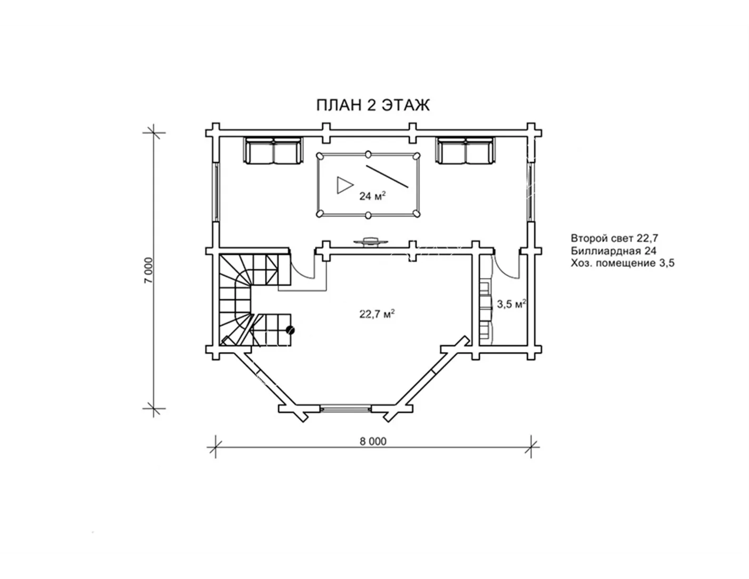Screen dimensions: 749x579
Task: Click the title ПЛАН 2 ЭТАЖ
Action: pyautogui.click(x=373, y=105)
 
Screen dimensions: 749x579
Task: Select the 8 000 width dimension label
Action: pyautogui.click(x=373, y=441)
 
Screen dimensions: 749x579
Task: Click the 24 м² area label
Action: pyautogui.click(x=372, y=196)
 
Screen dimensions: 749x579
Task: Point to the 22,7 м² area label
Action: pyautogui.click(x=377, y=314)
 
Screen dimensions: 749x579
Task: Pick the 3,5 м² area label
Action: pyautogui.click(x=511, y=304)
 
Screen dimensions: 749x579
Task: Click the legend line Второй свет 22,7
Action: pyautogui.click(x=615, y=238)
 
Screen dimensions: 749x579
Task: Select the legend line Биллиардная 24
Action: pyautogui.click(x=613, y=251)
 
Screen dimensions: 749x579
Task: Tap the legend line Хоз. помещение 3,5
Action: pyautogui.click(x=623, y=264)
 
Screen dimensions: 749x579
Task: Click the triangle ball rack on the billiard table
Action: pyautogui.click(x=344, y=185)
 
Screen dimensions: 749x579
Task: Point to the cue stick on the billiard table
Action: pyautogui.click(x=387, y=176)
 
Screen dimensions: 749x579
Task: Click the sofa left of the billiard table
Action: pyautogui.click(x=273, y=151)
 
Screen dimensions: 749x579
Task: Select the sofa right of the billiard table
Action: pyautogui.click(x=466, y=151)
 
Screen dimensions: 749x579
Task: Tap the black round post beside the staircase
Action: pyautogui.click(x=290, y=331)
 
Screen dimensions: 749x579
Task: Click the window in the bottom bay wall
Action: pyautogui.click(x=346, y=409)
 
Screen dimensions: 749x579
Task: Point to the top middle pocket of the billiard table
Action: pyautogui.click(x=368, y=154)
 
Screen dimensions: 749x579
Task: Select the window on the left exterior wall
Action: pyautogui.click(x=216, y=192)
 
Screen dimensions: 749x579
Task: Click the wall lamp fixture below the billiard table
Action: pyautogui.click(x=370, y=241)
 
